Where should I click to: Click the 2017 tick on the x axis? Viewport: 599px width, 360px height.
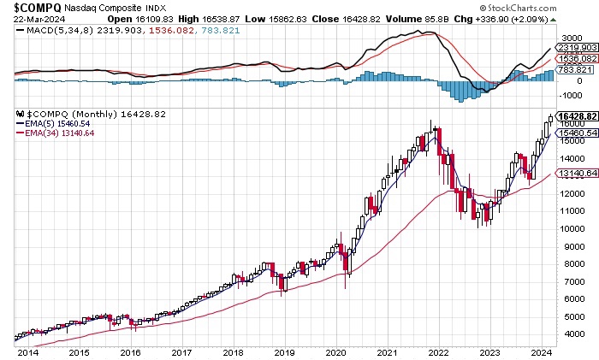(181, 352)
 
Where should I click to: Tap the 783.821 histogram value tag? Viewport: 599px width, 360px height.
(573, 71)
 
